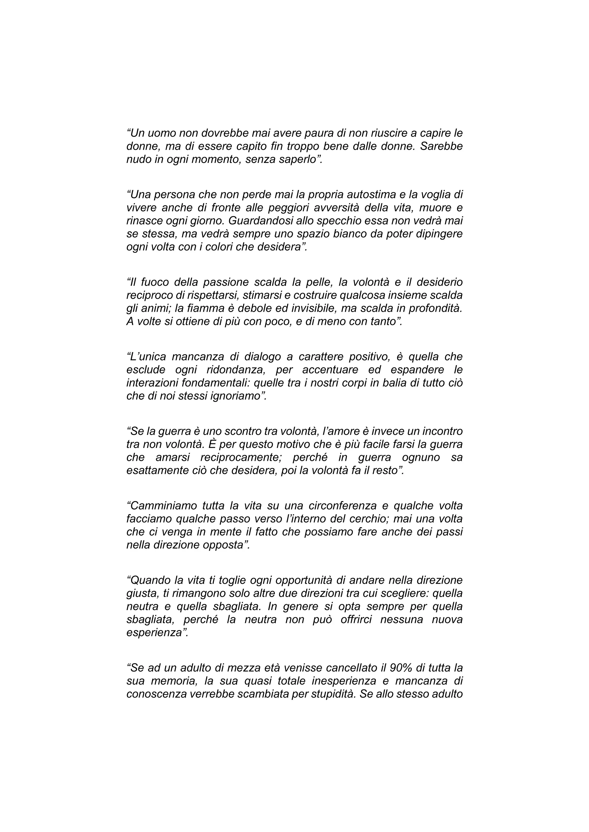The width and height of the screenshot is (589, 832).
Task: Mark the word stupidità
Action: tap(332, 694)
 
